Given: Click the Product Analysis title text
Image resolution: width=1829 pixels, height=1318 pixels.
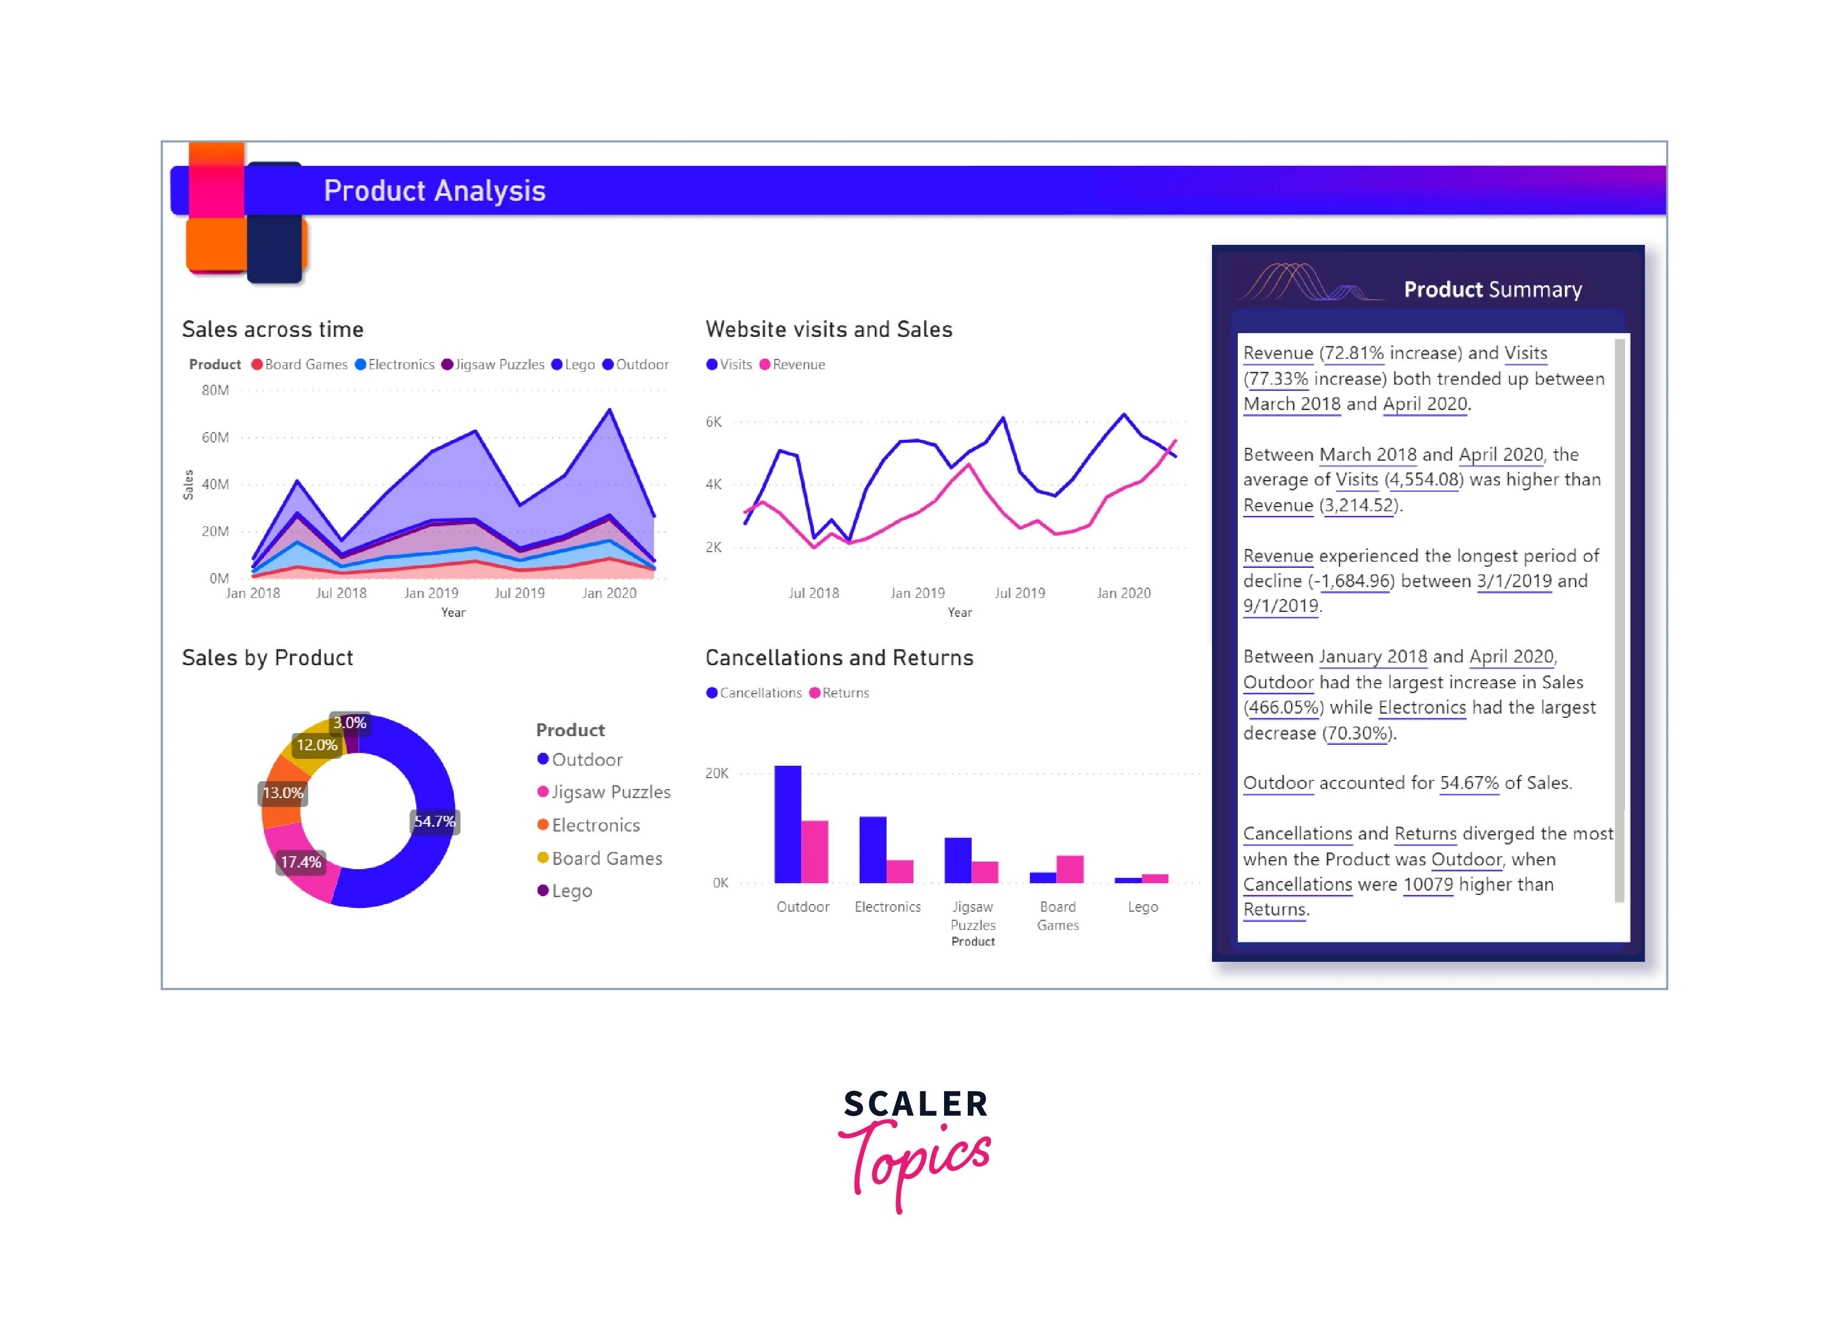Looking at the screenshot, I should pos(434,191).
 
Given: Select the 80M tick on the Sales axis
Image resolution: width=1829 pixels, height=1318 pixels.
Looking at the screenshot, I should pos(215,390).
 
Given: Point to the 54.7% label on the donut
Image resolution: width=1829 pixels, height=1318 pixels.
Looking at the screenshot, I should pos(434,821).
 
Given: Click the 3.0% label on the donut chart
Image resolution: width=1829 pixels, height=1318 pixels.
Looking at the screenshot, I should pos(350,723).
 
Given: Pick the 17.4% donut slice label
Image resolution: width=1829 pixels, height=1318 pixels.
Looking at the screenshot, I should pos(301,862).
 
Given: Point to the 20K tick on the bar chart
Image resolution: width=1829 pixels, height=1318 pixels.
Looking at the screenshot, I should pos(717,773).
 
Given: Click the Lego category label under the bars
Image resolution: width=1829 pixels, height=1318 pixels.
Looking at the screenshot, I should pos(1143,907).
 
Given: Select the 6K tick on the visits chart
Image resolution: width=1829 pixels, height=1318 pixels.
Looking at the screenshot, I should pos(714,422).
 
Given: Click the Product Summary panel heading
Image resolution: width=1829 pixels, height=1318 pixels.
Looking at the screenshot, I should pos(1493,290).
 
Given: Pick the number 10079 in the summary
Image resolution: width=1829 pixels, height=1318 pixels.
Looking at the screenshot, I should pos(1428,885).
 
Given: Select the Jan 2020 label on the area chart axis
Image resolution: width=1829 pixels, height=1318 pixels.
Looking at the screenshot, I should pos(609,594).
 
